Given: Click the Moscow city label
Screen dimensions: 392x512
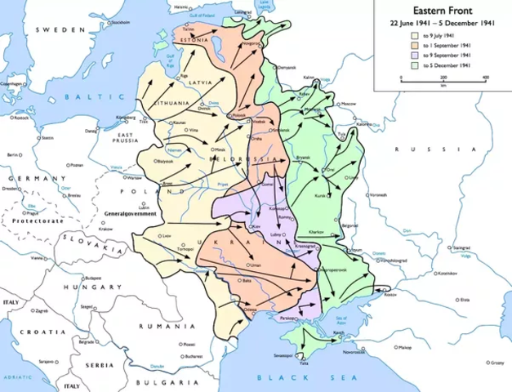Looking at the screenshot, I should coord(349,105).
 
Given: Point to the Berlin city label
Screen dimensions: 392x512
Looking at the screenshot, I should coord(12,154).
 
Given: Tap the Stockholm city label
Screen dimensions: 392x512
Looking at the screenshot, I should coord(122,23).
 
